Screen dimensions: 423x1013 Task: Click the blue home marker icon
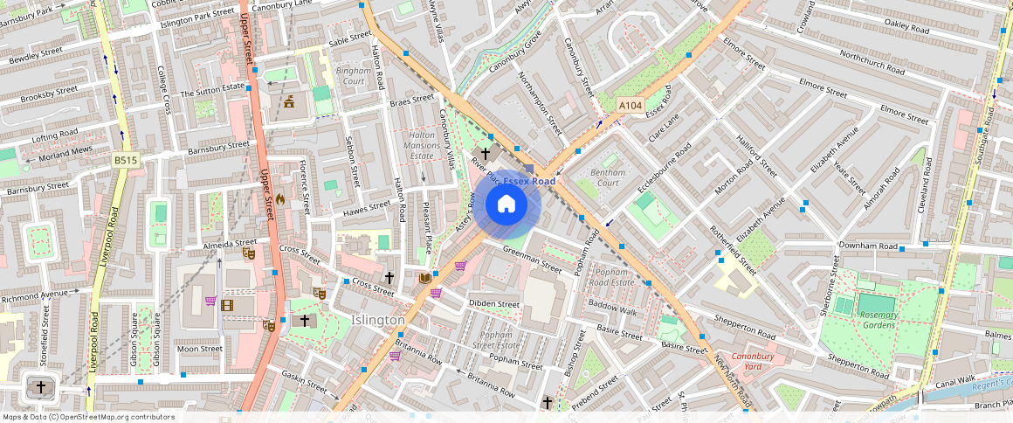point(507,205)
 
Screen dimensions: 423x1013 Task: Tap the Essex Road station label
point(528,181)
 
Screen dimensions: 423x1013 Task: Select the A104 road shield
point(631,105)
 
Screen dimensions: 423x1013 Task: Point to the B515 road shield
point(126,159)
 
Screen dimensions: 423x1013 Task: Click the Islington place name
point(378,320)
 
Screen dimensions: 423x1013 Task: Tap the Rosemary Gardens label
point(878,320)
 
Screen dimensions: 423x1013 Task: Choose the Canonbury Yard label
point(753,362)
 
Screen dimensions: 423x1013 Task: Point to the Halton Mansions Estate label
point(422,145)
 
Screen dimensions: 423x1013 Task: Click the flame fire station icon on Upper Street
point(279,199)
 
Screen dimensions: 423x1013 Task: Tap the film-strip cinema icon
point(228,305)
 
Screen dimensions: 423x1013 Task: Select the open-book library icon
point(425,278)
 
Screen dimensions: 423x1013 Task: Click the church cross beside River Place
point(486,154)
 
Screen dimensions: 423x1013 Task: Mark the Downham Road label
point(869,246)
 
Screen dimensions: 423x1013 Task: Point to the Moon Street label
point(200,349)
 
